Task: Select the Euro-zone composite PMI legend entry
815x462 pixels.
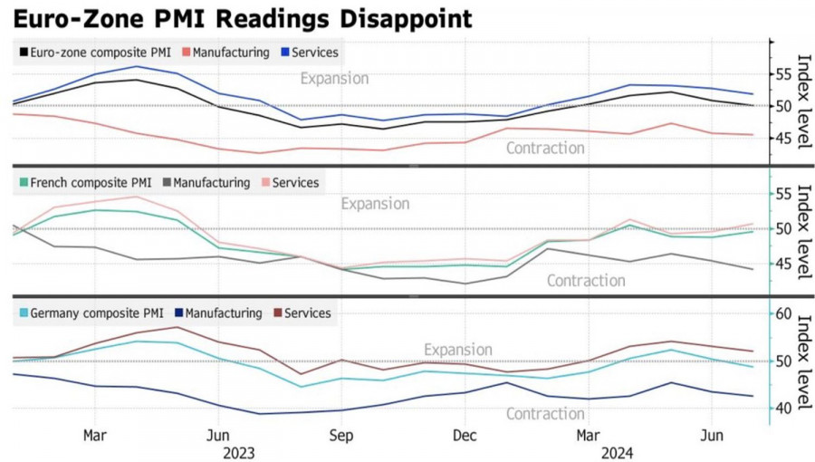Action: coord(93,53)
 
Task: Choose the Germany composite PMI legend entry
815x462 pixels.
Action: coord(90,313)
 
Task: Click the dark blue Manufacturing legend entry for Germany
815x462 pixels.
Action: coord(217,313)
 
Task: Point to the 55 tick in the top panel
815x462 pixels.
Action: coord(781,74)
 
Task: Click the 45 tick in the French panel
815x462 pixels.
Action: coord(781,265)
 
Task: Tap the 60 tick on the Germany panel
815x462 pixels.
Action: coord(781,314)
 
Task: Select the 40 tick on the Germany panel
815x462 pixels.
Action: coord(781,409)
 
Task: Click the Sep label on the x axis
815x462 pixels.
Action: coord(340,436)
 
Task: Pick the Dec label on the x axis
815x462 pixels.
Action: coord(464,436)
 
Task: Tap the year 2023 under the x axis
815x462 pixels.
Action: coord(238,452)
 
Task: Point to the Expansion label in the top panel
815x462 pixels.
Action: coord(334,79)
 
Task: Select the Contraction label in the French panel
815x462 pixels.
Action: coord(586,281)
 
